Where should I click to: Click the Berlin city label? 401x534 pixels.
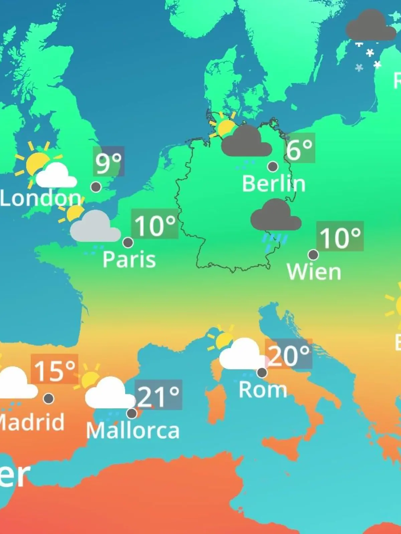[274, 184]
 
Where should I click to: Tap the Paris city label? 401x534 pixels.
[129, 260]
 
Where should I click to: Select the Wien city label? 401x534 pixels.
[314, 272]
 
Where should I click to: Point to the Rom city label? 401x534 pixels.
[263, 389]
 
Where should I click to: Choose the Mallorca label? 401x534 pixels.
[133, 431]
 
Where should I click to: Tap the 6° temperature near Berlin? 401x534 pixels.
[299, 149]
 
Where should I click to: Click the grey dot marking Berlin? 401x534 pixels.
[273, 166]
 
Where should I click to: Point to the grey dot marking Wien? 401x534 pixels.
[313, 255]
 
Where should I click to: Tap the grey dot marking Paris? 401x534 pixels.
[128, 242]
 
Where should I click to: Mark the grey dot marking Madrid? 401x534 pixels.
[49, 398]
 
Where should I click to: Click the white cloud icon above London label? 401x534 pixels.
[56, 175]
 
